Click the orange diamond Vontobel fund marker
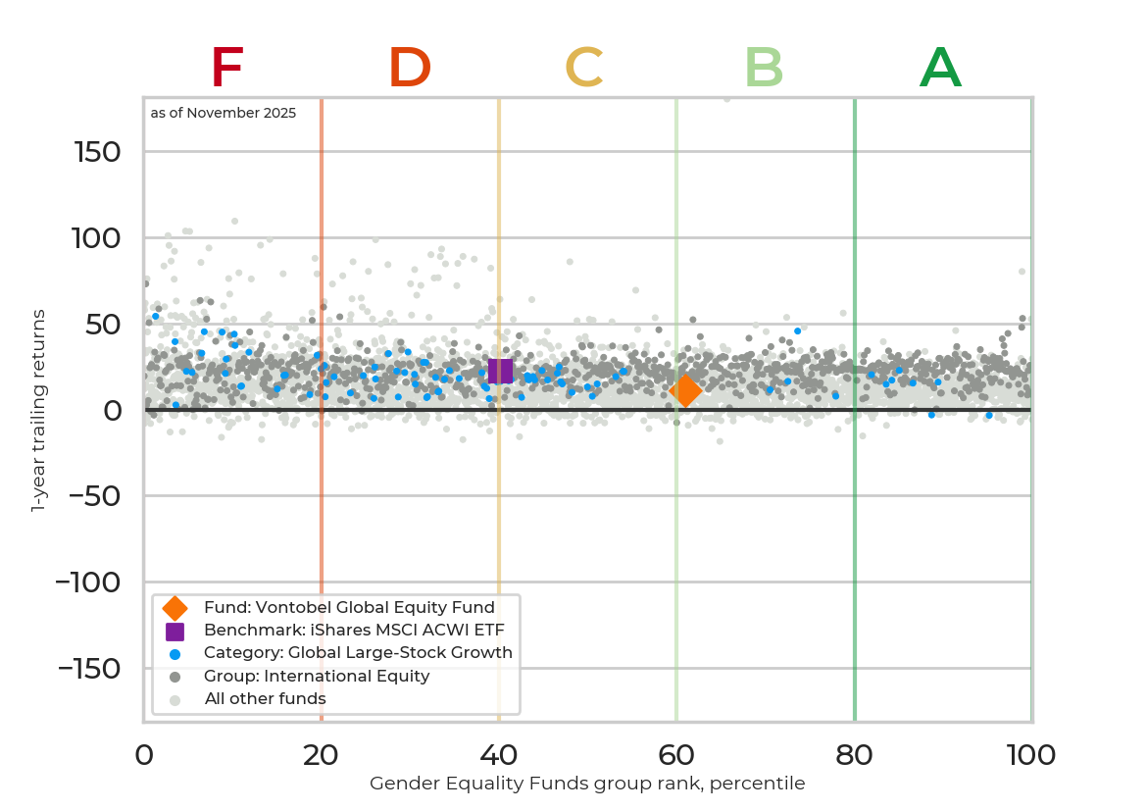pyautogui.click(x=685, y=390)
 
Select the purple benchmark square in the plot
pyautogui.click(x=500, y=371)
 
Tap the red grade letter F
pyautogui.click(x=226, y=69)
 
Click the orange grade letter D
pyautogui.click(x=410, y=69)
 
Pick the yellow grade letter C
pyautogui.click(x=583, y=69)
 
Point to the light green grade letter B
pyautogui.click(x=764, y=69)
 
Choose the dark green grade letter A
pyautogui.click(x=940, y=69)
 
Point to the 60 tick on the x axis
pyautogui.click(x=676, y=755)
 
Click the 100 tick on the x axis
pyautogui.click(x=1031, y=755)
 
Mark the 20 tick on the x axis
pyautogui.click(x=322, y=755)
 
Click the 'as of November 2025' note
pyautogui.click(x=224, y=113)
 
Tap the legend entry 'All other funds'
pyautogui.click(x=265, y=699)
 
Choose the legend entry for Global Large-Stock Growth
pyautogui.click(x=358, y=653)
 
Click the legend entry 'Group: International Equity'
pyautogui.click(x=317, y=676)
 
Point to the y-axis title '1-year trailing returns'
pyautogui.click(x=39, y=410)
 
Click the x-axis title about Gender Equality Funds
pyautogui.click(x=587, y=784)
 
